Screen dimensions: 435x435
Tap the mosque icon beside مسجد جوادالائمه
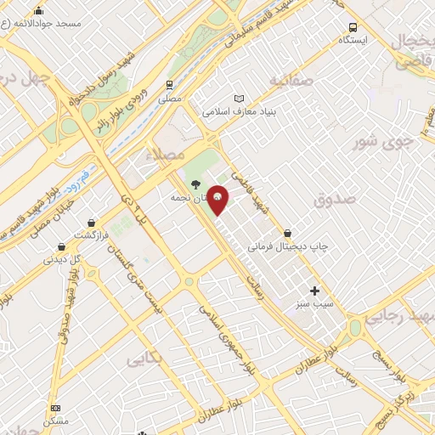38,11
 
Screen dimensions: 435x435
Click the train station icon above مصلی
170,85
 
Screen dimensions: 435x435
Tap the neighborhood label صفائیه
291,80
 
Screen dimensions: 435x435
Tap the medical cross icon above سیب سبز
314,291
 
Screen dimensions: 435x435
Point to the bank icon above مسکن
56,408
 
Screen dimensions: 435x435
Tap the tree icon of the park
196,184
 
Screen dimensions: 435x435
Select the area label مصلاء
167,155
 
